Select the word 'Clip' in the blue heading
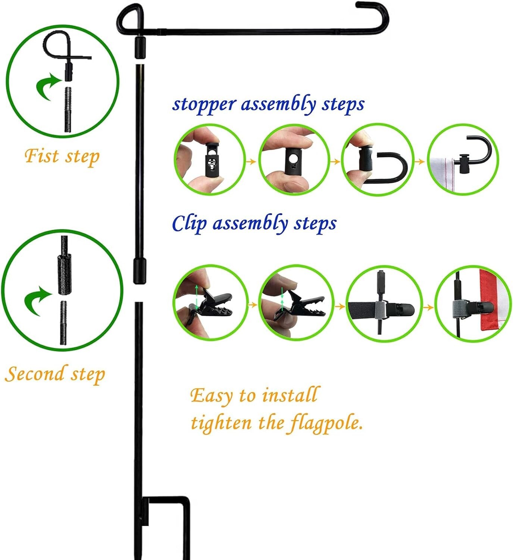click(189, 223)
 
